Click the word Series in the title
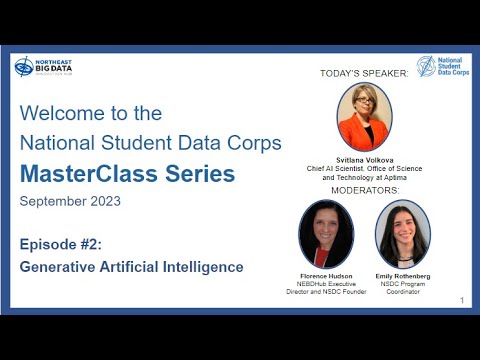click(200, 174)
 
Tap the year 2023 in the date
click(103, 201)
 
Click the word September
click(52, 201)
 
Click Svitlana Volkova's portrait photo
click(364, 117)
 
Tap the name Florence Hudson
click(326, 274)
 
